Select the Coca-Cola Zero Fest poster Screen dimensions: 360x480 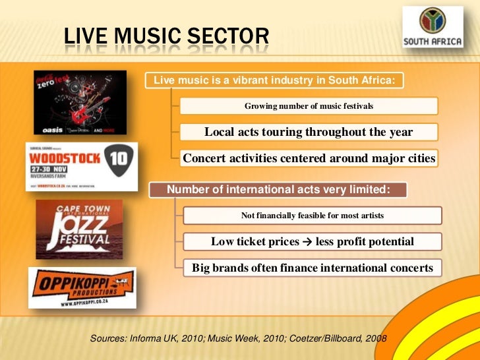(x=80, y=102)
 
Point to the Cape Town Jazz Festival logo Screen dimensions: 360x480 (x=78, y=228)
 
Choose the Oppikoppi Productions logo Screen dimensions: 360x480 (x=82, y=287)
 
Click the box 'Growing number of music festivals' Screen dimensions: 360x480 (x=309, y=105)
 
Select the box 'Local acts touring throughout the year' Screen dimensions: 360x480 (x=309, y=132)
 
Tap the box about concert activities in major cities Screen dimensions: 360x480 (x=309, y=158)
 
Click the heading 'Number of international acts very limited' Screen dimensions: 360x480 (x=278, y=190)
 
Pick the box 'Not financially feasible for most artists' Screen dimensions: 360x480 (x=312, y=216)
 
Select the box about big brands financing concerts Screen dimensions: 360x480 (x=312, y=268)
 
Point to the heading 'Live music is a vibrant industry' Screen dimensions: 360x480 (x=274, y=80)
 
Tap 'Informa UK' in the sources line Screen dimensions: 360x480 (x=149, y=338)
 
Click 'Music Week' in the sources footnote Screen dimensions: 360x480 (x=227, y=338)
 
